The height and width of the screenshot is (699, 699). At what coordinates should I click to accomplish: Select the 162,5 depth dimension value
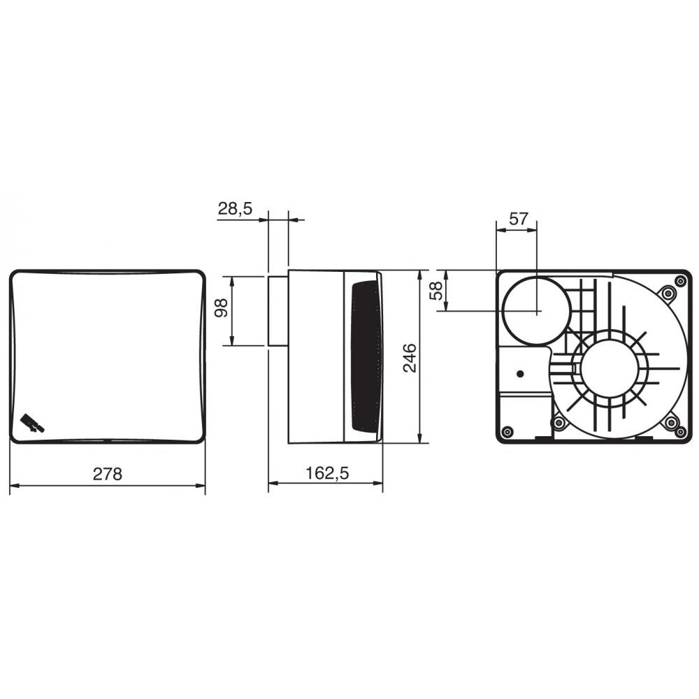point(326,473)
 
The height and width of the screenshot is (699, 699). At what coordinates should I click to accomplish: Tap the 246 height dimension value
point(410,357)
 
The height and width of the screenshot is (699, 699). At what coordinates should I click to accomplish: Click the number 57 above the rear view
point(518,219)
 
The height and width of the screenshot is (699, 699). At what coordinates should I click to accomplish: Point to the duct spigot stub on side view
point(278,310)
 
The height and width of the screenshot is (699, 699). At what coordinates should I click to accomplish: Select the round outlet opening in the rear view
point(536,311)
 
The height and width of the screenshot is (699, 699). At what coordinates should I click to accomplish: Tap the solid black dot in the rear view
point(519,374)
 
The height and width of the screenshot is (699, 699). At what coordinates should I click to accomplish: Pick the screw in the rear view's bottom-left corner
point(508,430)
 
